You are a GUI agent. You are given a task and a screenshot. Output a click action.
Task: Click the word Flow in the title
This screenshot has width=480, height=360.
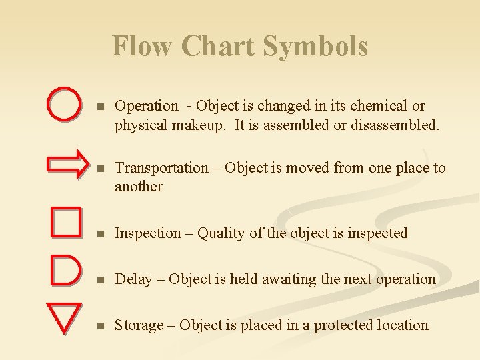click(143, 47)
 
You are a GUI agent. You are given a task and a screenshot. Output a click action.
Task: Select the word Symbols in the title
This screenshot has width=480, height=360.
click(315, 47)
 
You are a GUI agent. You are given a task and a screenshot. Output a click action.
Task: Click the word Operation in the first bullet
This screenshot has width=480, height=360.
click(147, 106)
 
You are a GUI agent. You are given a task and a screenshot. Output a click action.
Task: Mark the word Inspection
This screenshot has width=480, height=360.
click(147, 233)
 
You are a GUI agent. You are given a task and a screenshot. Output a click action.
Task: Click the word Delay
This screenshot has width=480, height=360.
click(133, 279)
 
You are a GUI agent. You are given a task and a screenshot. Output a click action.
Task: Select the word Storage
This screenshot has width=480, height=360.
click(139, 325)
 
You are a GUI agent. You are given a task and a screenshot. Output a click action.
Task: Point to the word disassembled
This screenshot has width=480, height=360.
click(398, 125)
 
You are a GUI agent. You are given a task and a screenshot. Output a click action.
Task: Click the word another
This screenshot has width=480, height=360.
click(139, 187)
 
